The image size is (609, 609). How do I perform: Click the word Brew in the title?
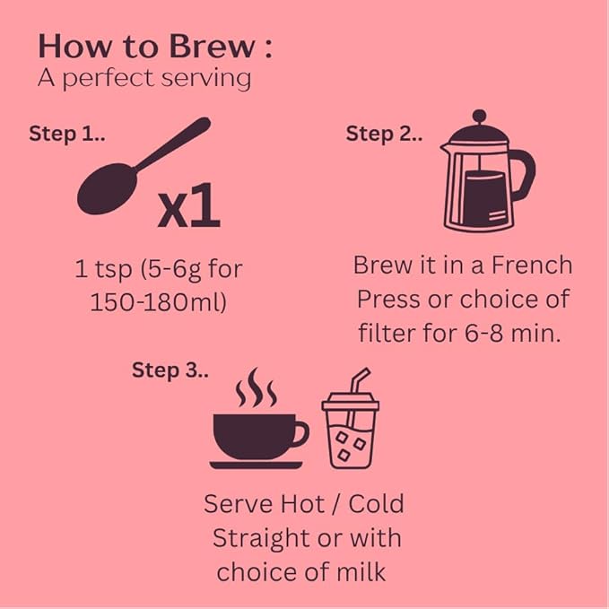[x=213, y=47]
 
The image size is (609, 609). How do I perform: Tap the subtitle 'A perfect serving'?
[x=144, y=79]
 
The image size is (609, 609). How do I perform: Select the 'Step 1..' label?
[x=66, y=134]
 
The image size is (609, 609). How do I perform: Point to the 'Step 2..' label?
[x=384, y=134]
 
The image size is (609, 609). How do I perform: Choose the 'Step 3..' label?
[x=170, y=370]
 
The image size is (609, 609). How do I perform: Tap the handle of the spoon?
[x=173, y=144]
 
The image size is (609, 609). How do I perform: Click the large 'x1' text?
[x=188, y=205]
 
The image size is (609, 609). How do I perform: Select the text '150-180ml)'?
[x=158, y=302]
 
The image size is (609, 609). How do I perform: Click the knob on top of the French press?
[x=479, y=116]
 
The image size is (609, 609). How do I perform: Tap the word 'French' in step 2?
[x=532, y=265]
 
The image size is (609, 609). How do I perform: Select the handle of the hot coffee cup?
[x=300, y=433]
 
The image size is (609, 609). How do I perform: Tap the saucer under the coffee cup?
[x=256, y=465]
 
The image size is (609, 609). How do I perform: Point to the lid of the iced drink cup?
[x=351, y=402]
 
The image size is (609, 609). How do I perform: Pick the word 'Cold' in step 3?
[x=376, y=504]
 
